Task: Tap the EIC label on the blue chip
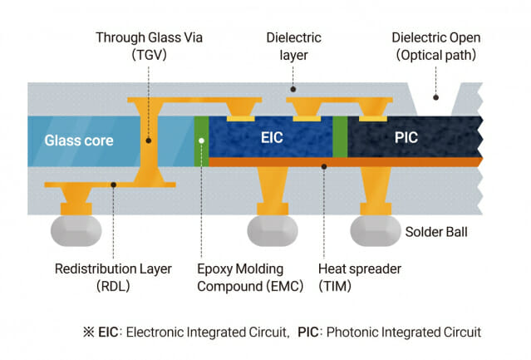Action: (272, 137)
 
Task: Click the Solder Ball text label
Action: (435, 231)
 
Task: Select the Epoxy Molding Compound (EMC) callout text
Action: (240, 277)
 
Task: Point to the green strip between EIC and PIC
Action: (339, 136)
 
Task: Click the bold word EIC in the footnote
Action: (108, 332)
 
